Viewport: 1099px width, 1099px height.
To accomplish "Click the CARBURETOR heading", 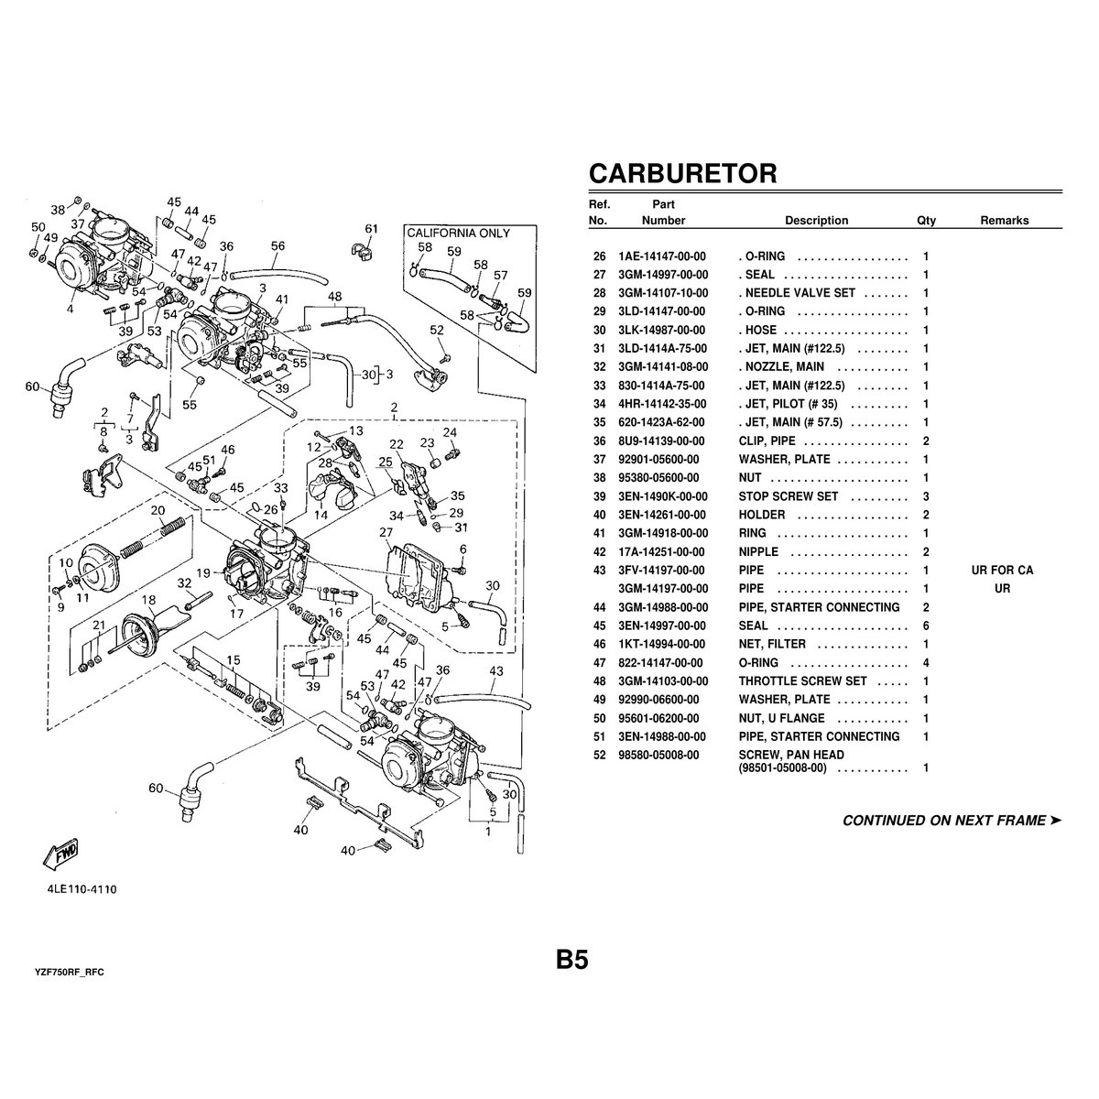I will [682, 173].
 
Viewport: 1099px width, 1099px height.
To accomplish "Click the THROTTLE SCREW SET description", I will [802, 681].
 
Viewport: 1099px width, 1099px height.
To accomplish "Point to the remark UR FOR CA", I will [1002, 571].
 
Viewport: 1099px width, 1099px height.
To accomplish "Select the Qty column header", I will [926, 221].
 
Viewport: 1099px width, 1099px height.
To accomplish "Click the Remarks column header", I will [1004, 221].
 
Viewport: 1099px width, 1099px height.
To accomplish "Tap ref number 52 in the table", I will [600, 756].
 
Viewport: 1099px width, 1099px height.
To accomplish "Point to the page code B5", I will [571, 960].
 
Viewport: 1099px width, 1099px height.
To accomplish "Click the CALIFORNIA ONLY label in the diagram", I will [458, 234].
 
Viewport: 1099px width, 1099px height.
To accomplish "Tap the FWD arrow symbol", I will [60, 854].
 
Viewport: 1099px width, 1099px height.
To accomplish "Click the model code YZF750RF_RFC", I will [69, 971].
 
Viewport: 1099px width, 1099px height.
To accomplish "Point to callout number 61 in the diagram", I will [371, 229].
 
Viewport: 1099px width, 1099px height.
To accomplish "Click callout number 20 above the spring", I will [158, 510].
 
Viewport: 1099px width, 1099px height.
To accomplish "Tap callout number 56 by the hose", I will [277, 245].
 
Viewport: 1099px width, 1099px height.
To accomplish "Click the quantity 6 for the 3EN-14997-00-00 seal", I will [926, 626].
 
